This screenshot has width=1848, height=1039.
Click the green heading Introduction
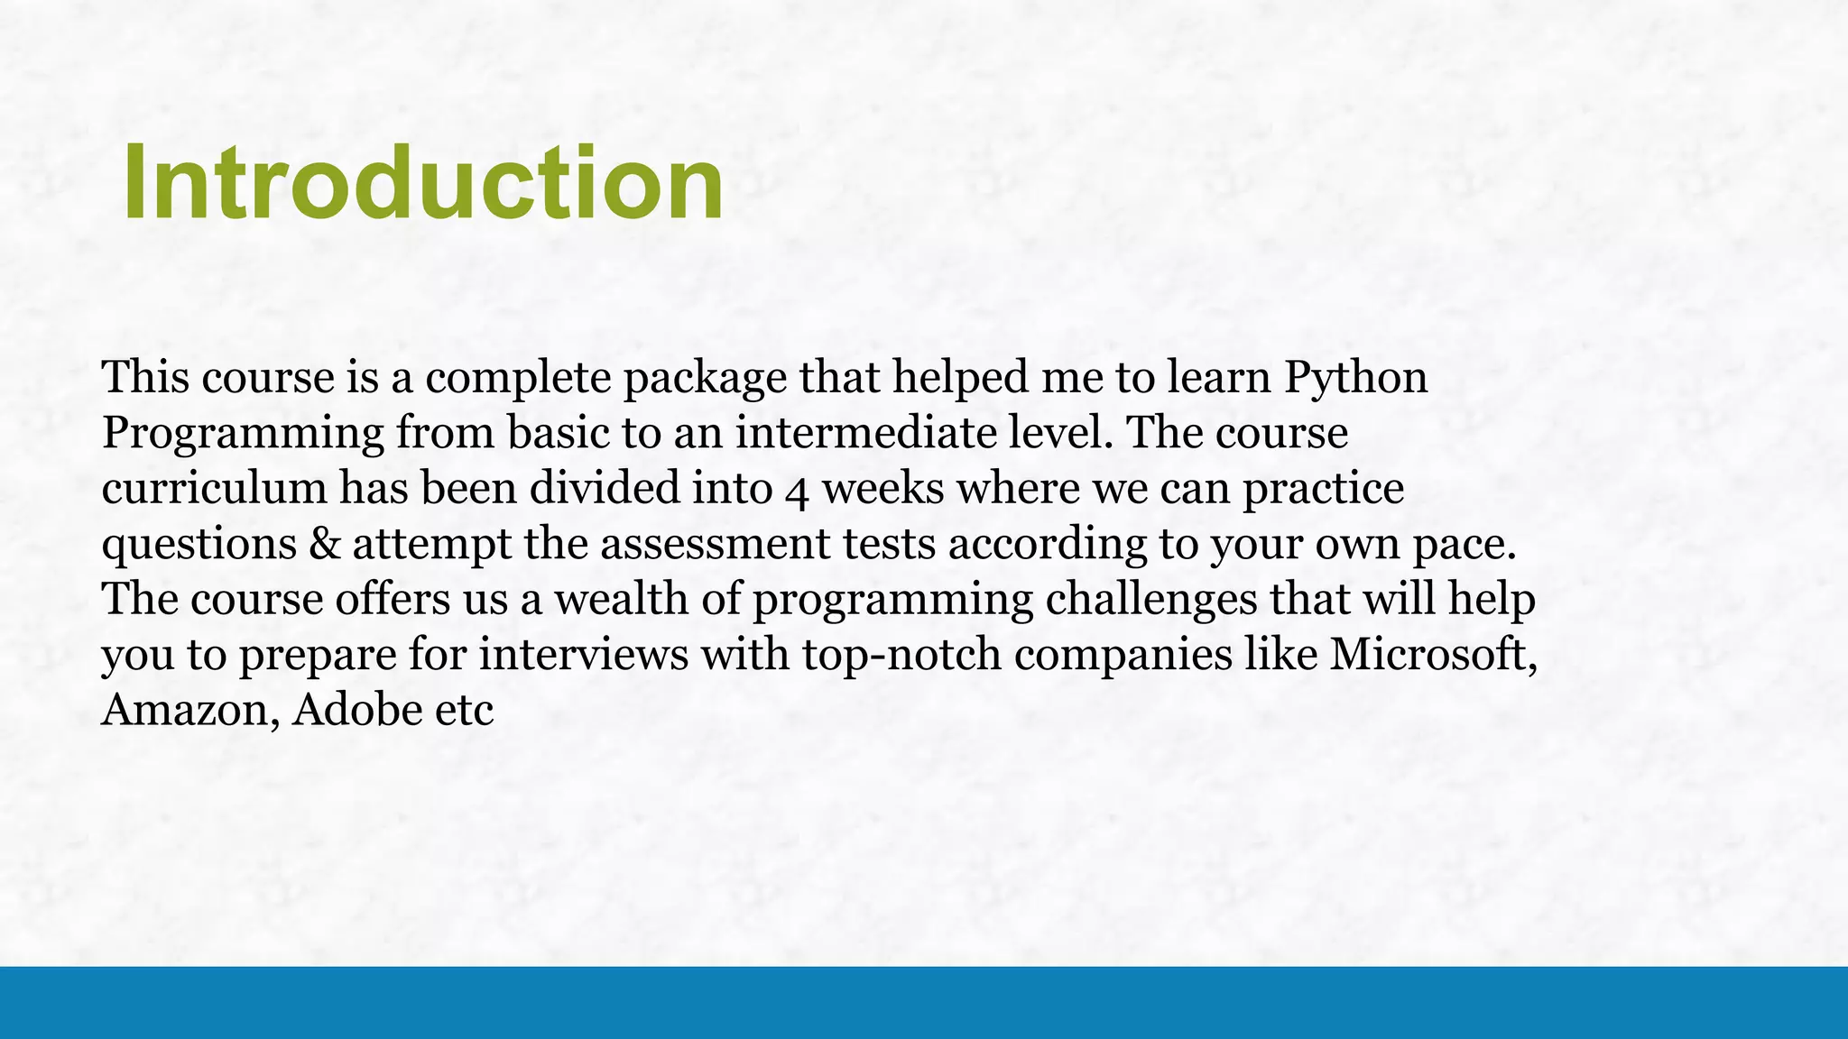(x=422, y=183)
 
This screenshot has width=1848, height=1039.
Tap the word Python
(x=1355, y=377)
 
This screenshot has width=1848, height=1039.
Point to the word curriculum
(x=214, y=489)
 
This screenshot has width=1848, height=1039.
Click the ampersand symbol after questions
(x=324, y=545)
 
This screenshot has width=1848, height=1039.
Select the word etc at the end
(x=464, y=711)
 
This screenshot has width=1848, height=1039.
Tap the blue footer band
(x=924, y=1002)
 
